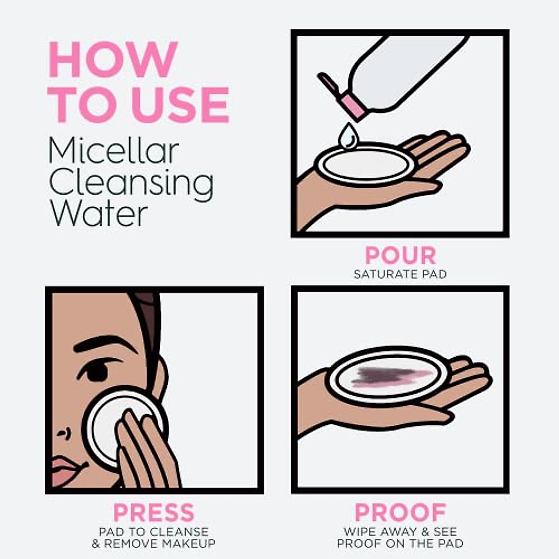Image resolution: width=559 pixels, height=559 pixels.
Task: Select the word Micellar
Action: tap(114, 151)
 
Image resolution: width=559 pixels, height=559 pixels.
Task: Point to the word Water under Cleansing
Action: tap(98, 214)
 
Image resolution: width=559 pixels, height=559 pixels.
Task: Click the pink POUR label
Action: tap(400, 255)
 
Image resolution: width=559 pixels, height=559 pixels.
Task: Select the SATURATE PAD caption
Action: tap(400, 274)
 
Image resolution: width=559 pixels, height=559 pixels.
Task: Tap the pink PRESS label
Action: tap(154, 513)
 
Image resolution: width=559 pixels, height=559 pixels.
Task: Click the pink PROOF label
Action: tap(400, 513)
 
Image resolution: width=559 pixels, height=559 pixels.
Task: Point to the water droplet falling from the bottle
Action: tap(347, 136)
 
